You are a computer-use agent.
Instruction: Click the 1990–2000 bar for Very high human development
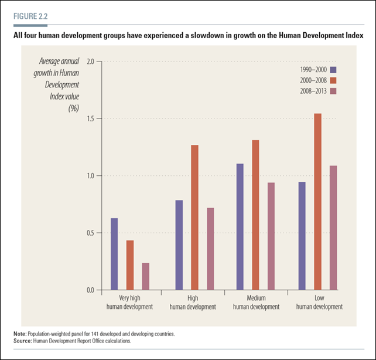[114, 254]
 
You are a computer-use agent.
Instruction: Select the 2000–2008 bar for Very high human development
[129, 265]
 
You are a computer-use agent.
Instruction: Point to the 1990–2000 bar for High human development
[179, 244]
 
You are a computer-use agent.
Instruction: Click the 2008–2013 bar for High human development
[210, 249]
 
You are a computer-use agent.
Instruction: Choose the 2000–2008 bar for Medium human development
[255, 215]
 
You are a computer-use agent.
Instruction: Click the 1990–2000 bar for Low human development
[302, 236]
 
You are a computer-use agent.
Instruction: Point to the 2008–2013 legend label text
[311, 91]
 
